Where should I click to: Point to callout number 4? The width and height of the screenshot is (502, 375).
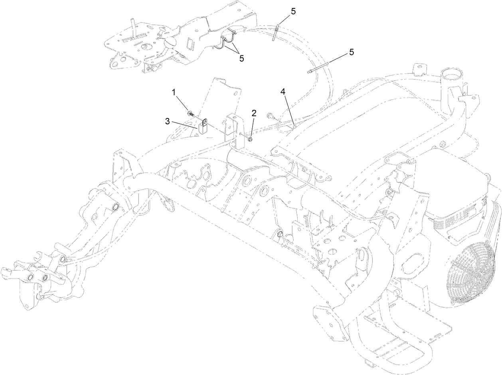point(283,92)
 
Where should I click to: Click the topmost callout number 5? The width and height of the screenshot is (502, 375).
point(293,11)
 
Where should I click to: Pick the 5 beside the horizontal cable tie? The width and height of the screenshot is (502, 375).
point(351,52)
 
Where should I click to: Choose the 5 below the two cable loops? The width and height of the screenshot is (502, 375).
point(241,58)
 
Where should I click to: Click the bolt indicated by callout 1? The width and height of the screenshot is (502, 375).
point(190,114)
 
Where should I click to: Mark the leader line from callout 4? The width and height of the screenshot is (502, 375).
point(289,109)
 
